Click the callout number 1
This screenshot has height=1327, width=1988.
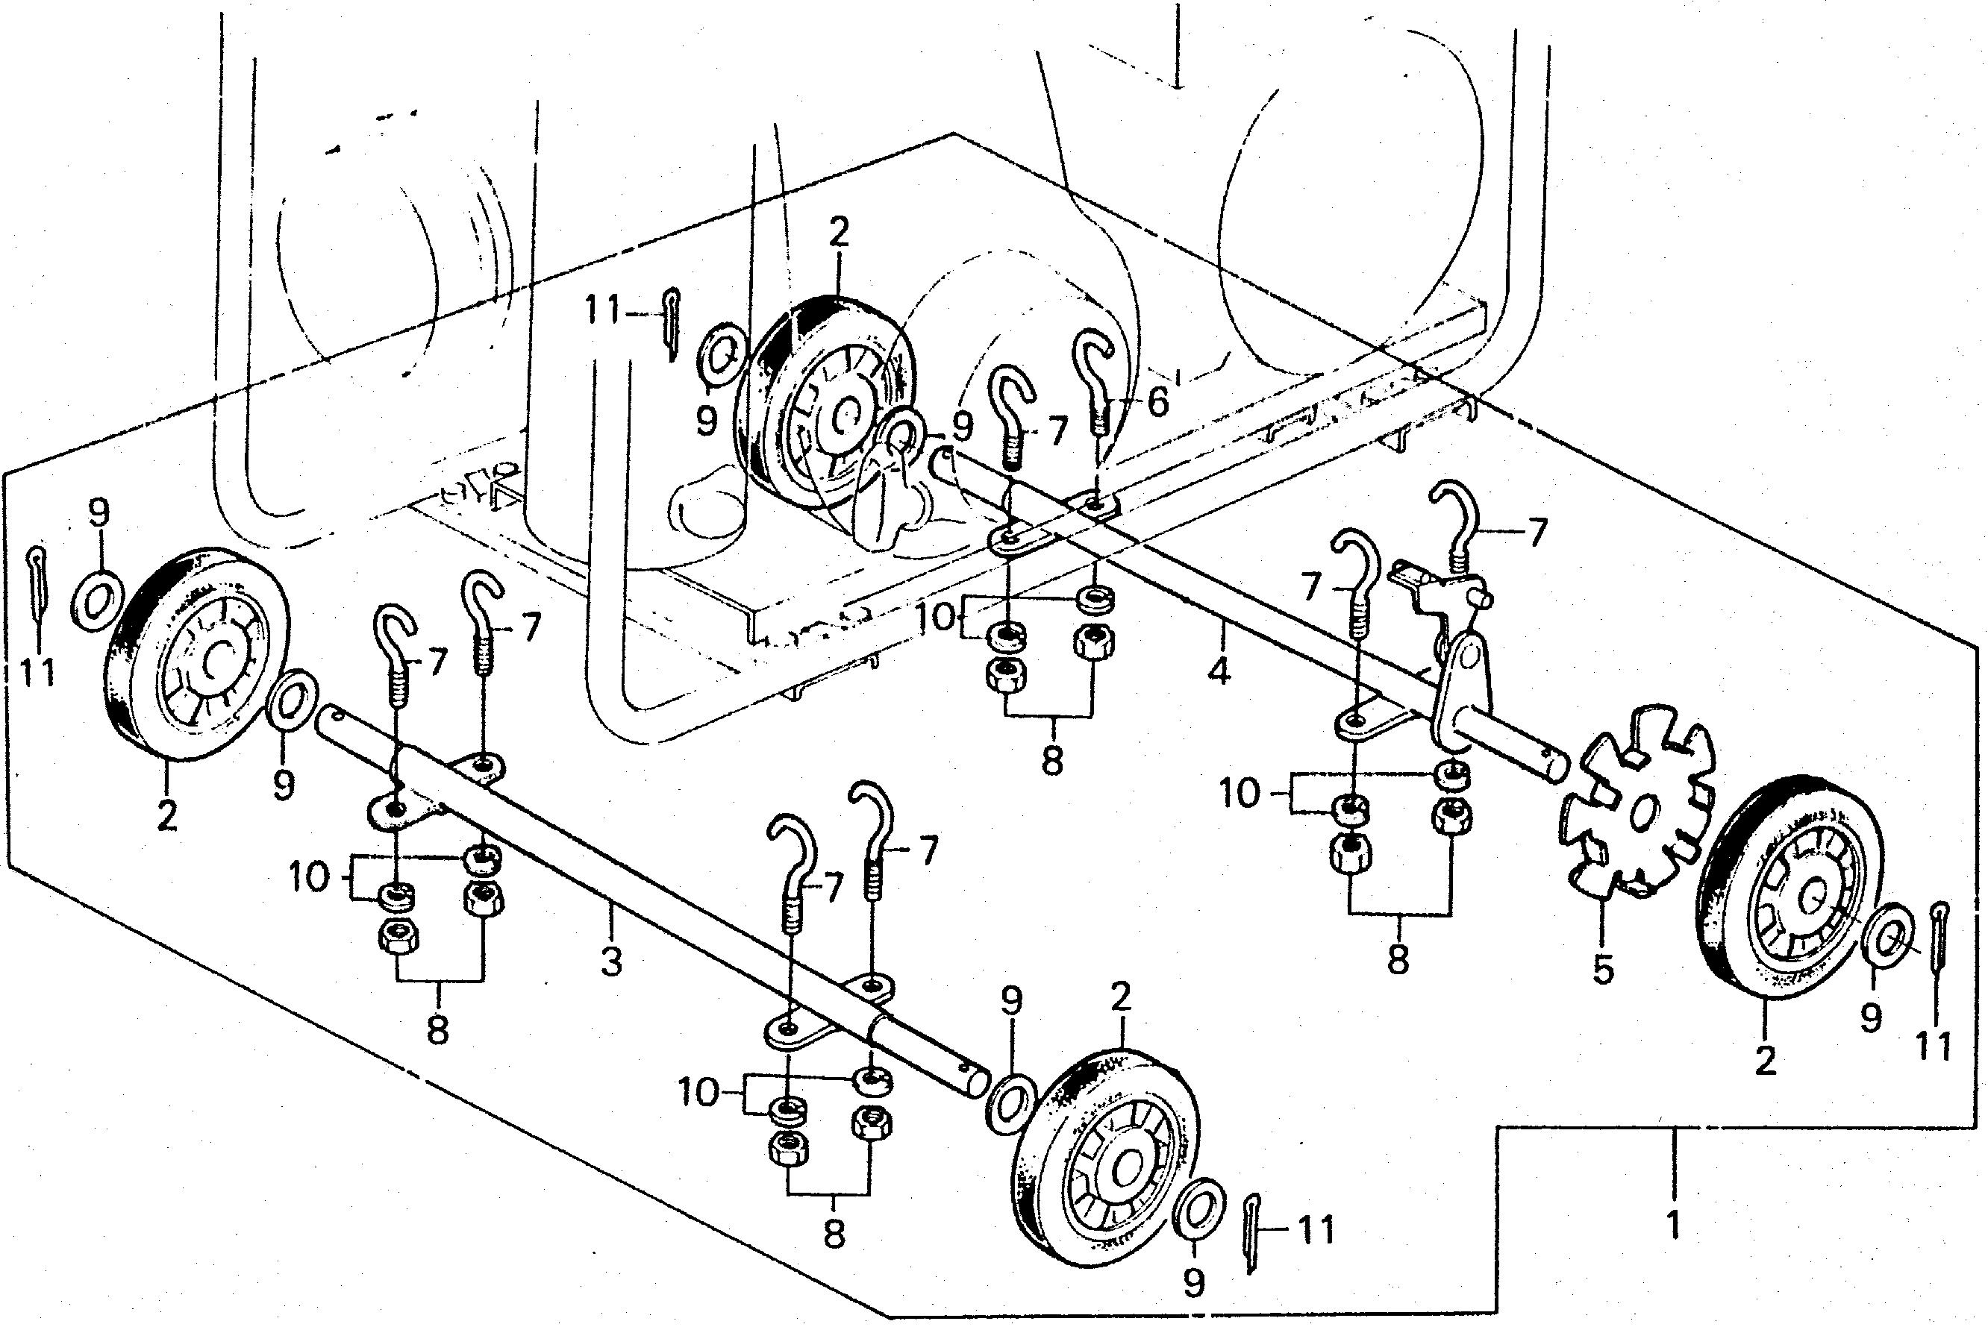1672,1226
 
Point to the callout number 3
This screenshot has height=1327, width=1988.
611,962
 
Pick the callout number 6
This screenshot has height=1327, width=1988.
1157,401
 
